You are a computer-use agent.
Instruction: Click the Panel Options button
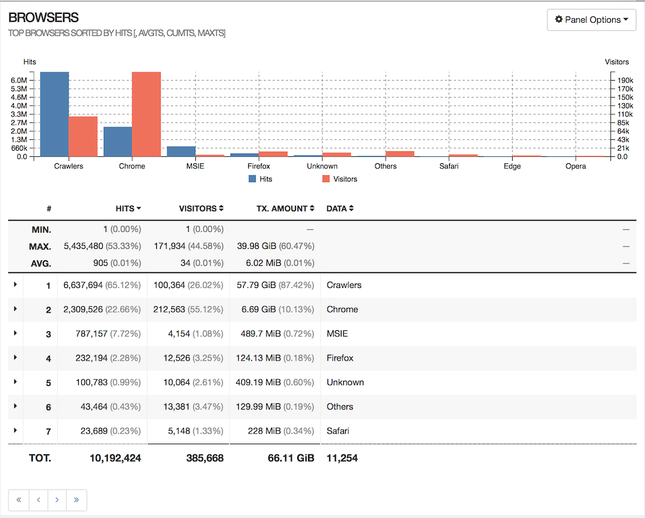591,20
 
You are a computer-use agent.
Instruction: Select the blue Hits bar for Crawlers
54,114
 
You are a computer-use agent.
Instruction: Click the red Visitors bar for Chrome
146,114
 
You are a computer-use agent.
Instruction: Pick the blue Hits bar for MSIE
181,151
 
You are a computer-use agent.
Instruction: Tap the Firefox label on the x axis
258,166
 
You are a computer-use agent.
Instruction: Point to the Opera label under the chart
575,166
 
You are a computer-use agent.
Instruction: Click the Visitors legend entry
340,179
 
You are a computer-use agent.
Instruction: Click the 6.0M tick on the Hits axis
19,81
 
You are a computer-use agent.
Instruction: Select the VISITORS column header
201,209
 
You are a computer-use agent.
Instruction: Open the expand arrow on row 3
15,333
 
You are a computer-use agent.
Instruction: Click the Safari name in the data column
338,431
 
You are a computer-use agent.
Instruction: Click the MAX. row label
40,246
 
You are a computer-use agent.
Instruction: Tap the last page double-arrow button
76,500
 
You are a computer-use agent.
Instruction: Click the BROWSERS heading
43,18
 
